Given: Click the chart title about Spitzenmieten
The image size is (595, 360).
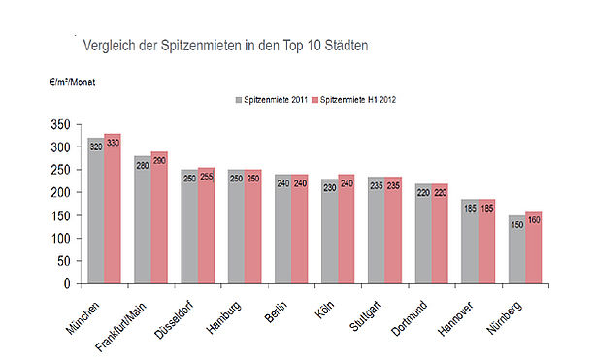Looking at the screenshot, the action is pyautogui.click(x=225, y=46).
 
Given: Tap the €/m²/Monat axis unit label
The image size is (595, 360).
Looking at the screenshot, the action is pyautogui.click(x=72, y=82).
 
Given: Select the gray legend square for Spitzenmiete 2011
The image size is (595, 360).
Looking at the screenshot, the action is pyautogui.click(x=239, y=100).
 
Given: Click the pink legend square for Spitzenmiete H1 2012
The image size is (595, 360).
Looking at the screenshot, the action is pyautogui.click(x=314, y=100).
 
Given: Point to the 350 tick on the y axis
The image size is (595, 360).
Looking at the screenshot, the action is pyautogui.click(x=61, y=124).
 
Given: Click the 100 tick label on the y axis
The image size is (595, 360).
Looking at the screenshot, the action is pyautogui.click(x=61, y=239).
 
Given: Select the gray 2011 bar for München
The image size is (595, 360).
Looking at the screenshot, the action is pyautogui.click(x=96, y=211).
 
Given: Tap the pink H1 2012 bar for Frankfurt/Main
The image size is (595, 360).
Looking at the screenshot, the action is pyautogui.click(x=159, y=217).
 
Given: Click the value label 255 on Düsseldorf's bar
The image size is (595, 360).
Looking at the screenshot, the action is pyautogui.click(x=207, y=177).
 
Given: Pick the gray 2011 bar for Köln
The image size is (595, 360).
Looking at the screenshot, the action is pyautogui.click(x=330, y=231).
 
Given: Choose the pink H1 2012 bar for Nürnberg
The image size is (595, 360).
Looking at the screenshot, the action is pyautogui.click(x=534, y=247).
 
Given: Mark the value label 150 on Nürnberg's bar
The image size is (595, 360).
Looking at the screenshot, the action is pyautogui.click(x=516, y=225).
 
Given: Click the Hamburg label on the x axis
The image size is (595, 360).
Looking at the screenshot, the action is pyautogui.click(x=224, y=318).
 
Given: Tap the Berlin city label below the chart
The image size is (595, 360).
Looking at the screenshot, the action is pyautogui.click(x=277, y=311).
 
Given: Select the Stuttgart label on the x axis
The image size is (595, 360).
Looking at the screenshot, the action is pyautogui.click(x=365, y=316).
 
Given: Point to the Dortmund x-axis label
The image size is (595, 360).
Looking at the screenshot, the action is pyautogui.click(x=409, y=318).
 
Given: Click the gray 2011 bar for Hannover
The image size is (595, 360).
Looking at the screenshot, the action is pyautogui.click(x=470, y=242).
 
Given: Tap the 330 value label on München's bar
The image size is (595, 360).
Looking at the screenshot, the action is pyautogui.click(x=113, y=143).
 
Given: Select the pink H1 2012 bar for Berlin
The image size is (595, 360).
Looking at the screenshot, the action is pyautogui.click(x=300, y=229).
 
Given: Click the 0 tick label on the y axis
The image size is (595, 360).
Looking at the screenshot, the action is pyautogui.click(x=67, y=283).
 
